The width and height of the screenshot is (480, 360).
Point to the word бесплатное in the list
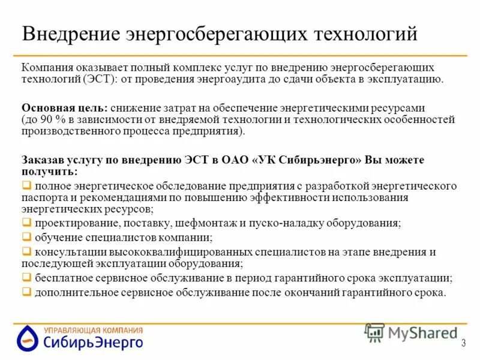click(x=61, y=278)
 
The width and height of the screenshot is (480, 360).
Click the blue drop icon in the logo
click(x=27, y=338)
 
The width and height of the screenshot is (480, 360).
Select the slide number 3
click(x=463, y=343)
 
